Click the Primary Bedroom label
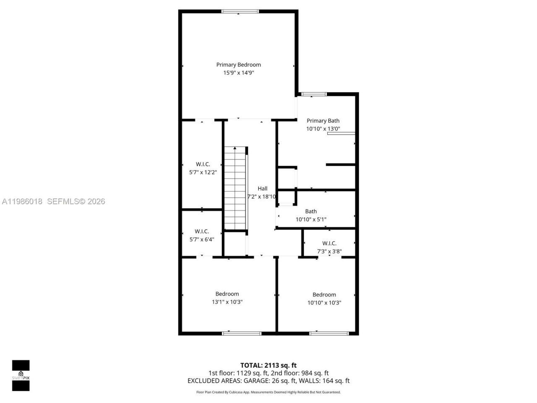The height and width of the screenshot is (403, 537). click(238, 65)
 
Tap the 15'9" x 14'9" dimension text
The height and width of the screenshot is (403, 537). click(238, 73)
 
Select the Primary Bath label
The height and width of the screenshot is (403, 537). click(323, 121)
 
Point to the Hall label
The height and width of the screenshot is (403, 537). click(263, 188)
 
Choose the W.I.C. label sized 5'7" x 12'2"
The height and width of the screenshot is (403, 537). click(203, 164)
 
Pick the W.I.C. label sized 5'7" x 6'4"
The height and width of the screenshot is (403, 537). click(202, 231)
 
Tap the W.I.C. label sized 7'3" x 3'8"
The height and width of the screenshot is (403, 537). click(329, 243)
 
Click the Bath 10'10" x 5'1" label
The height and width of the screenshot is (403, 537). click(311, 212)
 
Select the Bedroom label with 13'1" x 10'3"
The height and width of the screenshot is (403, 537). click(227, 294)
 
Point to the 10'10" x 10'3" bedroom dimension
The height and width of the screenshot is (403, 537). click(324, 303)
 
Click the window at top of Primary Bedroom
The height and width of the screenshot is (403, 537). click(238, 11)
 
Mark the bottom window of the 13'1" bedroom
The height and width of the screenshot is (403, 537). click(242, 333)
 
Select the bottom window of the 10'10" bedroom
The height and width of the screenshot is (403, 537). click(329, 333)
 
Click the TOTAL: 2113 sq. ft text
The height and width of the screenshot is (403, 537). click(268, 365)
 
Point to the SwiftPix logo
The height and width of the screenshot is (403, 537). click(21, 375)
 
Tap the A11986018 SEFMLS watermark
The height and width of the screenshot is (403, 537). click(53, 201)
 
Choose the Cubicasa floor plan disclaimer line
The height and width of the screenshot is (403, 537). click(268, 392)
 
